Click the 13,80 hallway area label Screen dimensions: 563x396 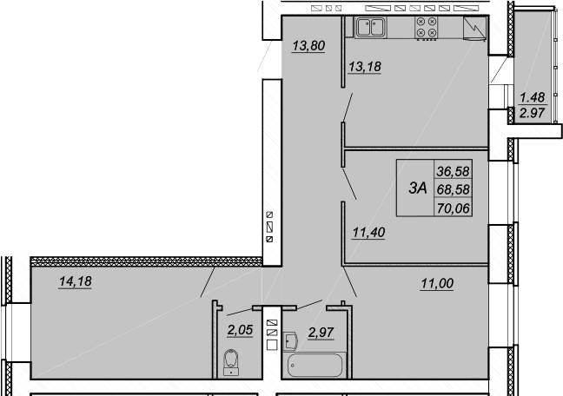point(308,46)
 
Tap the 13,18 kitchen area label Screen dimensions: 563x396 point(365,66)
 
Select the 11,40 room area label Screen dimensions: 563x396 point(368,232)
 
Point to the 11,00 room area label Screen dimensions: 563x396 point(437,283)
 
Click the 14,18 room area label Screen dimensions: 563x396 point(76,281)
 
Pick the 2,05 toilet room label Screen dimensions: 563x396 point(240,330)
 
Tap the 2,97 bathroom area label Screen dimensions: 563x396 point(321,333)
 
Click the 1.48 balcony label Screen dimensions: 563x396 point(532,97)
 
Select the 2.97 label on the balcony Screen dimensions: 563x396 point(532,113)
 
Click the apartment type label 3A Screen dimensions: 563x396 point(418,188)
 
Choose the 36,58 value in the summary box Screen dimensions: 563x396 point(454,171)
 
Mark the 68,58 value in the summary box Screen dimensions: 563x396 point(454,189)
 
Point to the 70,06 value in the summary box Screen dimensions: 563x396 point(454,208)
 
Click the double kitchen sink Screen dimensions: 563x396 point(371,27)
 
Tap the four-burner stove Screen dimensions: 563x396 point(427,27)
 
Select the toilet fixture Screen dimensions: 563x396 point(231,362)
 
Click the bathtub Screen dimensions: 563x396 point(315,366)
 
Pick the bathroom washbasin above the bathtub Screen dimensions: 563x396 point(290,341)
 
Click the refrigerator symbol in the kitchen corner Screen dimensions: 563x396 point(474,27)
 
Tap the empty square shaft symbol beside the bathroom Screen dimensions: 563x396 point(272,345)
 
